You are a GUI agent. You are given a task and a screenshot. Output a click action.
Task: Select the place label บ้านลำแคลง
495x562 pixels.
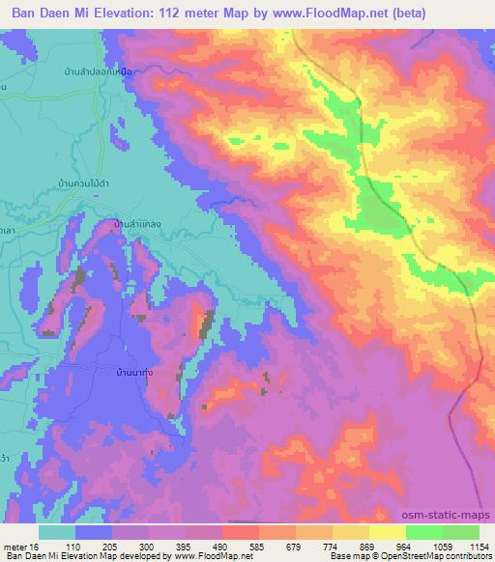(x=136, y=223)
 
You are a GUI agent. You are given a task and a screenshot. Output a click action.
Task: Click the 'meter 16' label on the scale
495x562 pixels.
(x=23, y=546)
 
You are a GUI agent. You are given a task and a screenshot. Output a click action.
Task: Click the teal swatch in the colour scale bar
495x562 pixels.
(x=56, y=532)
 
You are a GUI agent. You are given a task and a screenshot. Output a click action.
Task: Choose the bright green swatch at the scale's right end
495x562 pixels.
(x=461, y=532)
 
